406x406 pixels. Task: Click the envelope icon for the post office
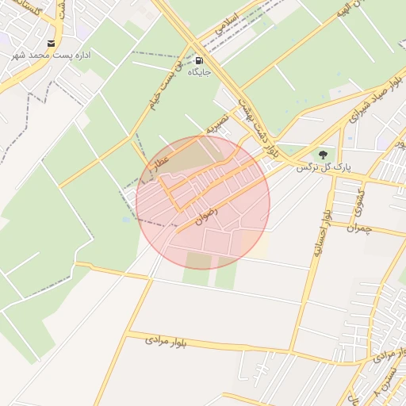(52, 44)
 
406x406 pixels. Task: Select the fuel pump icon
(197, 60)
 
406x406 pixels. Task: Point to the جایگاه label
(198, 72)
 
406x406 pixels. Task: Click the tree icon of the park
(322, 154)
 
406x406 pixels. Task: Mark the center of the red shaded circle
(203, 202)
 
